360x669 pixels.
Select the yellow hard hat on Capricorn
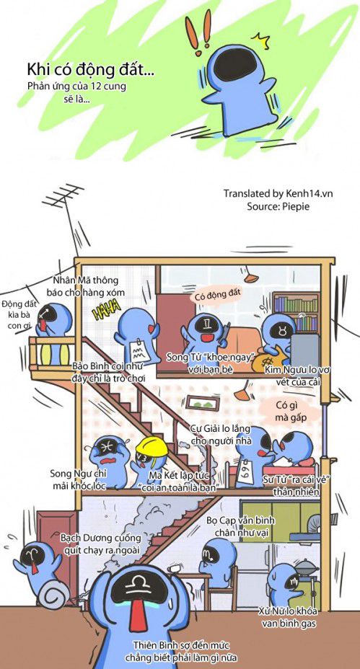(x=152, y=446)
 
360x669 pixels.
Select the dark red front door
(x=55, y=550)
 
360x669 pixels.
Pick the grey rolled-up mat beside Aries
(x=54, y=594)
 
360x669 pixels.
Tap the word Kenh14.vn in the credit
(x=309, y=193)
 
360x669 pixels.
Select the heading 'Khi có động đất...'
(x=90, y=69)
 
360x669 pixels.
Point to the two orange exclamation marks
(x=198, y=31)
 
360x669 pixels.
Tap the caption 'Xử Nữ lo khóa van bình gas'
(x=287, y=617)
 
